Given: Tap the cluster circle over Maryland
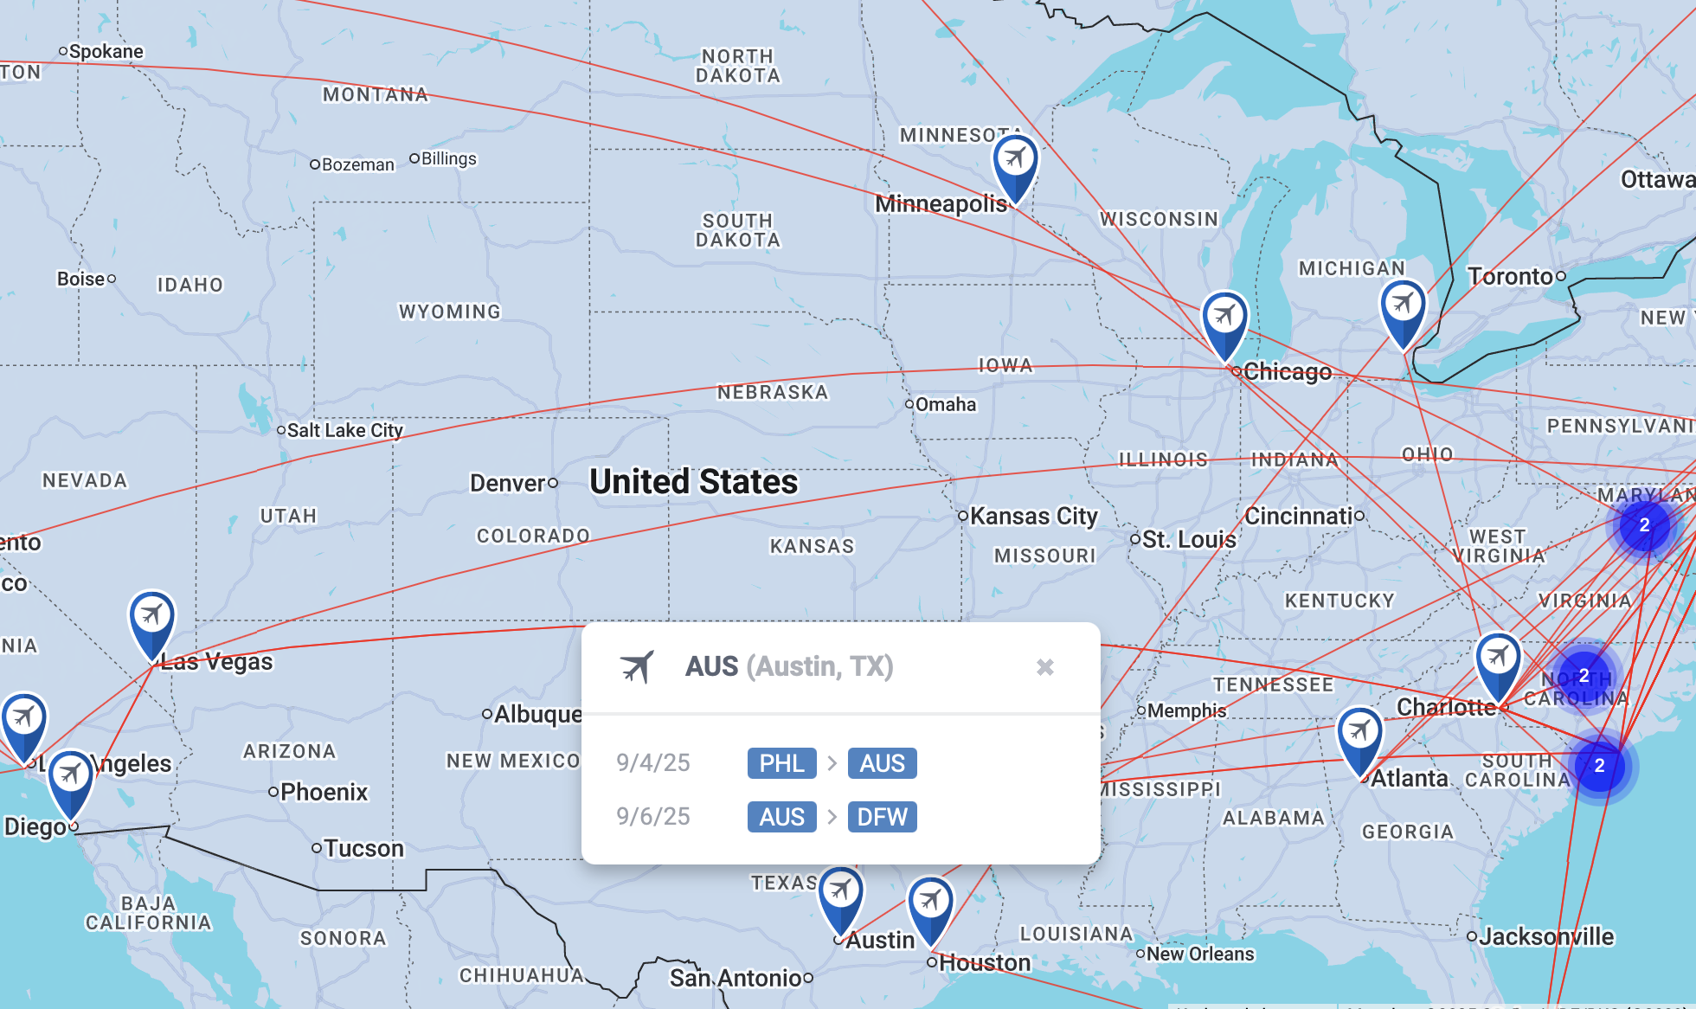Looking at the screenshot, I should (1644, 525).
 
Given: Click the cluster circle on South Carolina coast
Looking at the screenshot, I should (1599, 766).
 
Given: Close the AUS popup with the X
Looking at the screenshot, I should (1044, 667).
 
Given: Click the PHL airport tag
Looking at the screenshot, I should (781, 763).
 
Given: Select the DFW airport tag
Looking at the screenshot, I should (882, 817).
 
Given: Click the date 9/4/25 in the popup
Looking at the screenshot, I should (653, 763).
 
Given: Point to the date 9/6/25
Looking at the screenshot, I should (653, 817).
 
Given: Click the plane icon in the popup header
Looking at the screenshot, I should (638, 667).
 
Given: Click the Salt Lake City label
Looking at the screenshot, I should (344, 430).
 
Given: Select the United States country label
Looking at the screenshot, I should (693, 482).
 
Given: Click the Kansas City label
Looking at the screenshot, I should (1033, 517).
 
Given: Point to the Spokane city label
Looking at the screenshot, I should (106, 52).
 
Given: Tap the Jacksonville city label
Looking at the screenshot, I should (1546, 936).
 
